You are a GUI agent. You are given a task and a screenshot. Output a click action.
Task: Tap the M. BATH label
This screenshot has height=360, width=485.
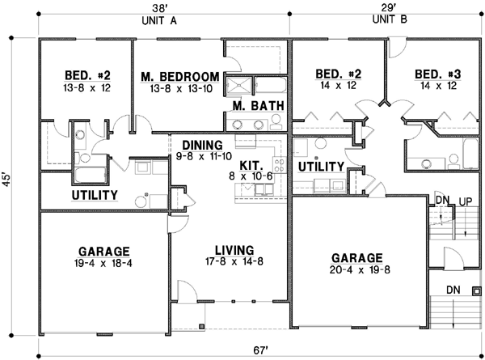point(251,106)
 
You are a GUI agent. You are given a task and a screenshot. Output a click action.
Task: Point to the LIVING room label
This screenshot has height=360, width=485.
point(230,249)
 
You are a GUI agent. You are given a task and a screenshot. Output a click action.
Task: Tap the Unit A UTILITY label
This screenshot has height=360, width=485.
point(95,196)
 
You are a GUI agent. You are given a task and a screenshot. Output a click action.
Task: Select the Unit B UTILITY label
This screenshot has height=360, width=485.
point(321,166)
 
